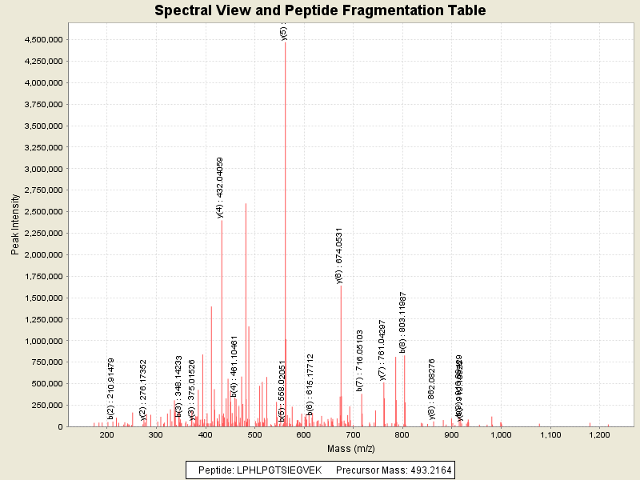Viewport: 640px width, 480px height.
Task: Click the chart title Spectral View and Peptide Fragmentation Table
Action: coord(320,11)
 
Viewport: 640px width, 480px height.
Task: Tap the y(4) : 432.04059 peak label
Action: coord(220,187)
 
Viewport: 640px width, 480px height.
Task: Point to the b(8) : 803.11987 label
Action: coord(403,322)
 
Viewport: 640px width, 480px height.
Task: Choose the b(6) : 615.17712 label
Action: coord(310,384)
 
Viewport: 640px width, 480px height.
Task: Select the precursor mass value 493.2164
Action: coord(424,470)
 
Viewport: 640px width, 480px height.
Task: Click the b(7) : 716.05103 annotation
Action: coord(360,361)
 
